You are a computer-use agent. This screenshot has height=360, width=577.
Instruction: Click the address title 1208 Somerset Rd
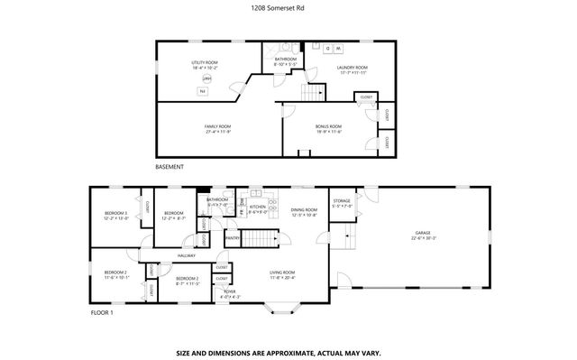click(288, 8)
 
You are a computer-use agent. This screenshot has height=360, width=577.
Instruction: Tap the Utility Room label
click(206, 63)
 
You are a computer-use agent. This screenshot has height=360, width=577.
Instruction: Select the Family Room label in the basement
click(218, 128)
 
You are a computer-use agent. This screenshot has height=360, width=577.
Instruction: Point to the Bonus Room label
click(328, 128)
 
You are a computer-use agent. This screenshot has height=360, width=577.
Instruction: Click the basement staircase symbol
click(312, 93)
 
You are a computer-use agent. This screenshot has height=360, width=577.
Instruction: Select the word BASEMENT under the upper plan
click(169, 167)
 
